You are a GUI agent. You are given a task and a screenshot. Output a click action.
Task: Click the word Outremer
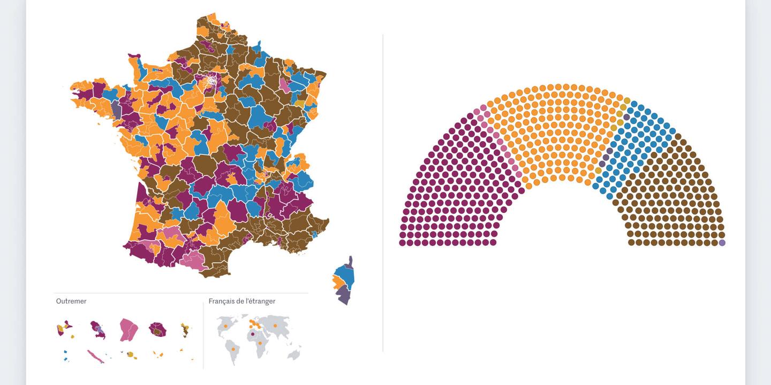coord(71,301)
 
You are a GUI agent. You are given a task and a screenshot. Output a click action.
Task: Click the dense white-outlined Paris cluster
coord(212,81)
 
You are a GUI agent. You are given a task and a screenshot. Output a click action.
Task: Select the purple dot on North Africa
coord(253,334)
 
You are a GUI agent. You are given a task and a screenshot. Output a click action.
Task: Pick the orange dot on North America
coord(225,326)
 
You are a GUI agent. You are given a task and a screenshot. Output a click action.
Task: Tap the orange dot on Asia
coord(275,325)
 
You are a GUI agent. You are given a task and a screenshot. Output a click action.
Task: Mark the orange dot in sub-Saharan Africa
coord(260,343)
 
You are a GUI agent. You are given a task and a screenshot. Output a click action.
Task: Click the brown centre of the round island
coord(157,332)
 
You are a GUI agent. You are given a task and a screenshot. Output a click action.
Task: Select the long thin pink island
coord(95,356)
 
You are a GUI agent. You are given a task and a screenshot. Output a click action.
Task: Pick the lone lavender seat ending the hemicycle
coord(722,243)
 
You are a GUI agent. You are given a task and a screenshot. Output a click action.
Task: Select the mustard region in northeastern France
coord(300,104)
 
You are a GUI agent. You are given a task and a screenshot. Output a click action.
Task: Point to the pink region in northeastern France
coord(284,87)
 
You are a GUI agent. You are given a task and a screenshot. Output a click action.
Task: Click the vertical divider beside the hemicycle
coord(383,192)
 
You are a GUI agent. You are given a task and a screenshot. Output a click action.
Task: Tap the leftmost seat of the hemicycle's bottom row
coord(402,243)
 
